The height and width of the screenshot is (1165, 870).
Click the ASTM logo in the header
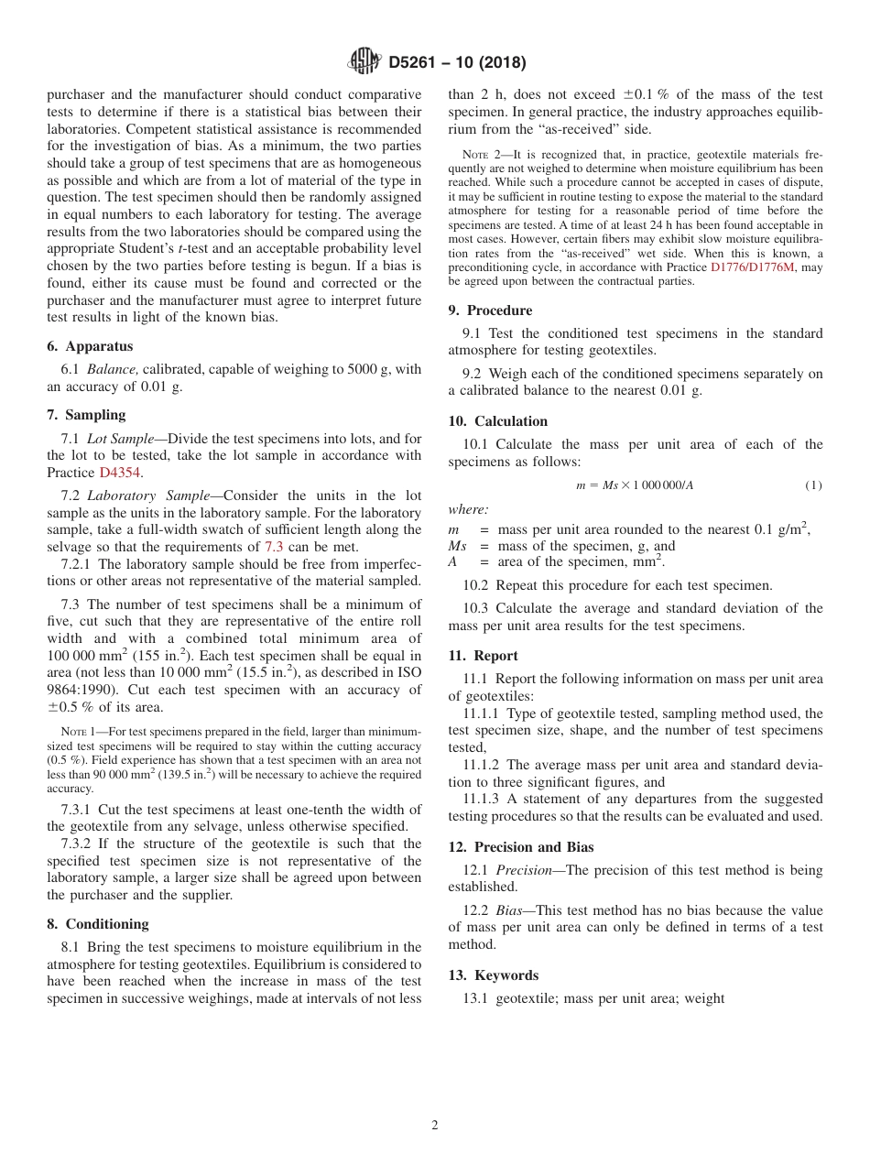click(364, 62)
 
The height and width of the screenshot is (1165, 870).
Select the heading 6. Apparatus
click(90, 346)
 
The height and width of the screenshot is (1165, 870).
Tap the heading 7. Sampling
click(86, 415)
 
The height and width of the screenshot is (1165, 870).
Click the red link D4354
click(121, 473)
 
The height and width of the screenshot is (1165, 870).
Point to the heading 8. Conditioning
click(97, 924)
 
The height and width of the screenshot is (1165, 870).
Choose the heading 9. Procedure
click(490, 310)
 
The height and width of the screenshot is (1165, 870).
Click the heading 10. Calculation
click(498, 421)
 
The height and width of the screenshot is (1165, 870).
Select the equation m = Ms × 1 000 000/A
click(634, 485)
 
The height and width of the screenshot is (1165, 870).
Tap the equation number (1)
click(813, 485)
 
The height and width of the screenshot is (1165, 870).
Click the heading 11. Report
click(483, 656)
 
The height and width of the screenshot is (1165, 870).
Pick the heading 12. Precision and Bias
click(521, 847)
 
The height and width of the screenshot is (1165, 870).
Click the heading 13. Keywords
click(493, 975)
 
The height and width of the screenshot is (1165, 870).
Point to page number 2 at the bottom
click(435, 1126)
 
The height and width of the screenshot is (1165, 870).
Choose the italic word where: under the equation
click(468, 510)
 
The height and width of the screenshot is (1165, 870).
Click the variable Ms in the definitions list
click(457, 546)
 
